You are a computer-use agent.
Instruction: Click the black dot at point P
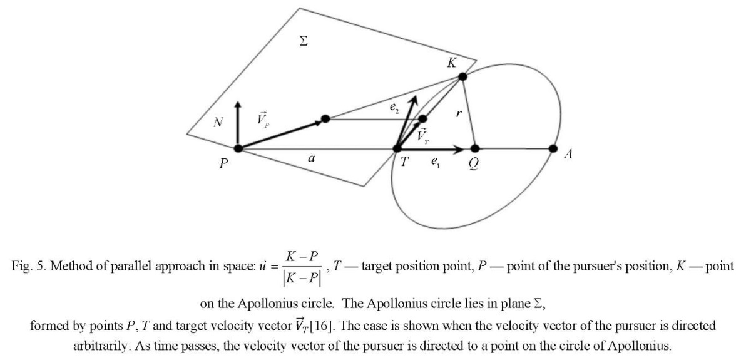pyautogui.click(x=238, y=148)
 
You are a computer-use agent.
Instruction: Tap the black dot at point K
pyautogui.click(x=462, y=76)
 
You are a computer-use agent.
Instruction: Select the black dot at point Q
pyautogui.click(x=475, y=148)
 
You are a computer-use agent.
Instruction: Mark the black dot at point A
pyautogui.click(x=553, y=148)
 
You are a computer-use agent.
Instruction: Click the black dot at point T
pyautogui.click(x=397, y=148)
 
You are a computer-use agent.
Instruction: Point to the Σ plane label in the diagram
pyautogui.click(x=304, y=41)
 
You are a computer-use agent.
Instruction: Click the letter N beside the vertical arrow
pyautogui.click(x=218, y=122)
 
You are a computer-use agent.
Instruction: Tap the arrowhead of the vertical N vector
pyautogui.click(x=238, y=104)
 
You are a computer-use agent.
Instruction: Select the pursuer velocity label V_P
pyautogui.click(x=263, y=119)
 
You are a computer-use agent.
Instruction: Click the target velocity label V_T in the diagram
pyautogui.click(x=422, y=136)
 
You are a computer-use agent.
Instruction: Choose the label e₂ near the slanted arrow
pyautogui.click(x=394, y=107)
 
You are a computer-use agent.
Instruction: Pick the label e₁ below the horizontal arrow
pyautogui.click(x=435, y=162)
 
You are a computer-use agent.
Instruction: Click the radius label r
pyautogui.click(x=459, y=113)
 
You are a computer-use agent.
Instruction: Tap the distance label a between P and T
pyautogui.click(x=312, y=158)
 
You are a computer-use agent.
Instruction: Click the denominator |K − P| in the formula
pyautogui.click(x=302, y=279)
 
